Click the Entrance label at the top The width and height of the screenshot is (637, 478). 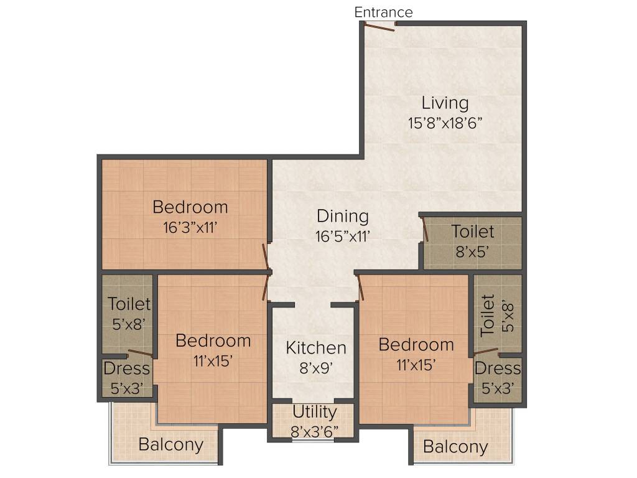point(383,12)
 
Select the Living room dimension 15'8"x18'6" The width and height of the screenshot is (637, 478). point(445,123)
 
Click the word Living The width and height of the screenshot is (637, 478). point(445,102)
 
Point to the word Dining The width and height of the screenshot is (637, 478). point(342,217)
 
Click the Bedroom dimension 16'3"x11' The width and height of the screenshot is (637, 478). point(190,227)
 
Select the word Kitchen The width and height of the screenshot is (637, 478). point(316,347)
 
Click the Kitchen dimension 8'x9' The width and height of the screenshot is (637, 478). point(316,367)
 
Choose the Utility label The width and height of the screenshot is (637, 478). point(314,411)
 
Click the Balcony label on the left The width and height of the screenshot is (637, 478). point(170,444)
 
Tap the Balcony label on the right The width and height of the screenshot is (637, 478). point(455,446)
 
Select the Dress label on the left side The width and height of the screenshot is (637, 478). point(127,368)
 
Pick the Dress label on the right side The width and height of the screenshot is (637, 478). point(498,368)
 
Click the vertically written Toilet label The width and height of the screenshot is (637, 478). point(488,315)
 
